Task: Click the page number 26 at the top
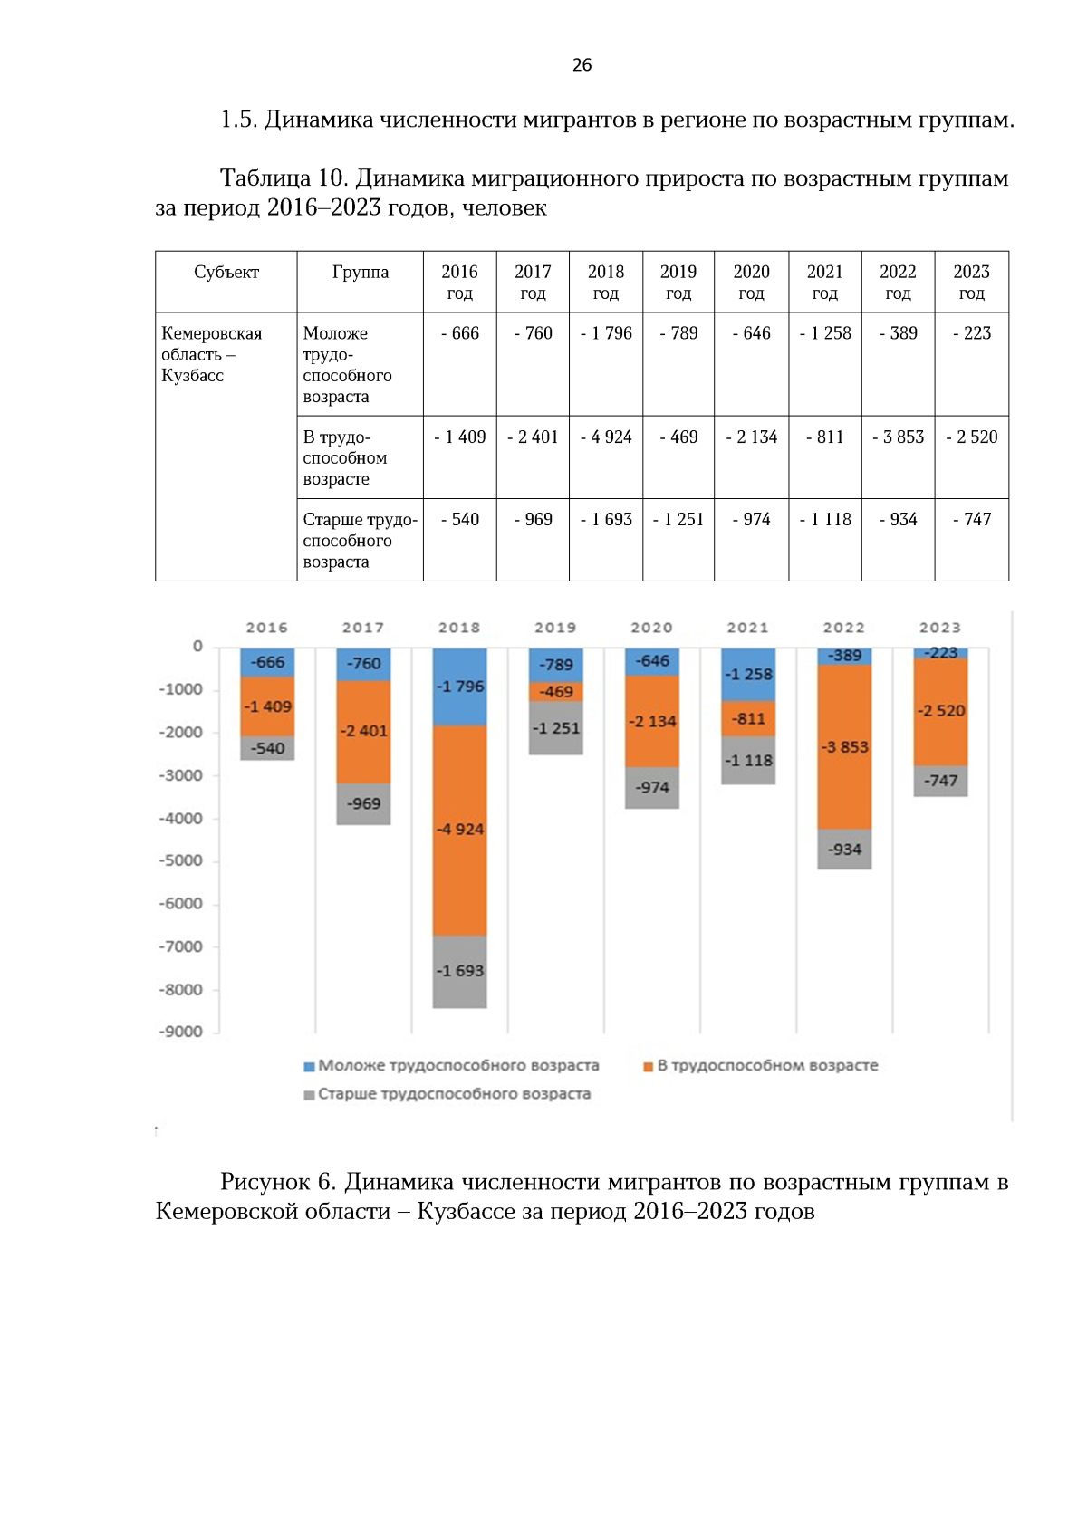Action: point(582,65)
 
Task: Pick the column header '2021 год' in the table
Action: point(825,282)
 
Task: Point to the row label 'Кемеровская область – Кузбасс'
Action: point(211,354)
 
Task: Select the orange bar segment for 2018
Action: point(460,831)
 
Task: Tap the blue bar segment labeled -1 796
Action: point(460,687)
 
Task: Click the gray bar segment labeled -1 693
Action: point(460,972)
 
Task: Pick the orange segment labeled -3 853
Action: point(844,747)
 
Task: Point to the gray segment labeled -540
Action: point(267,748)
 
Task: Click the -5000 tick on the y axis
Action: point(181,861)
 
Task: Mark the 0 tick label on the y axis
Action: point(197,647)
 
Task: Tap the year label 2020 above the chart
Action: point(652,628)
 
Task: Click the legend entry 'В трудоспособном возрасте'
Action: point(760,1066)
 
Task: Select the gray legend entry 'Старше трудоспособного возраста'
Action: point(447,1094)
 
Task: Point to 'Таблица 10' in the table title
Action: point(282,178)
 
